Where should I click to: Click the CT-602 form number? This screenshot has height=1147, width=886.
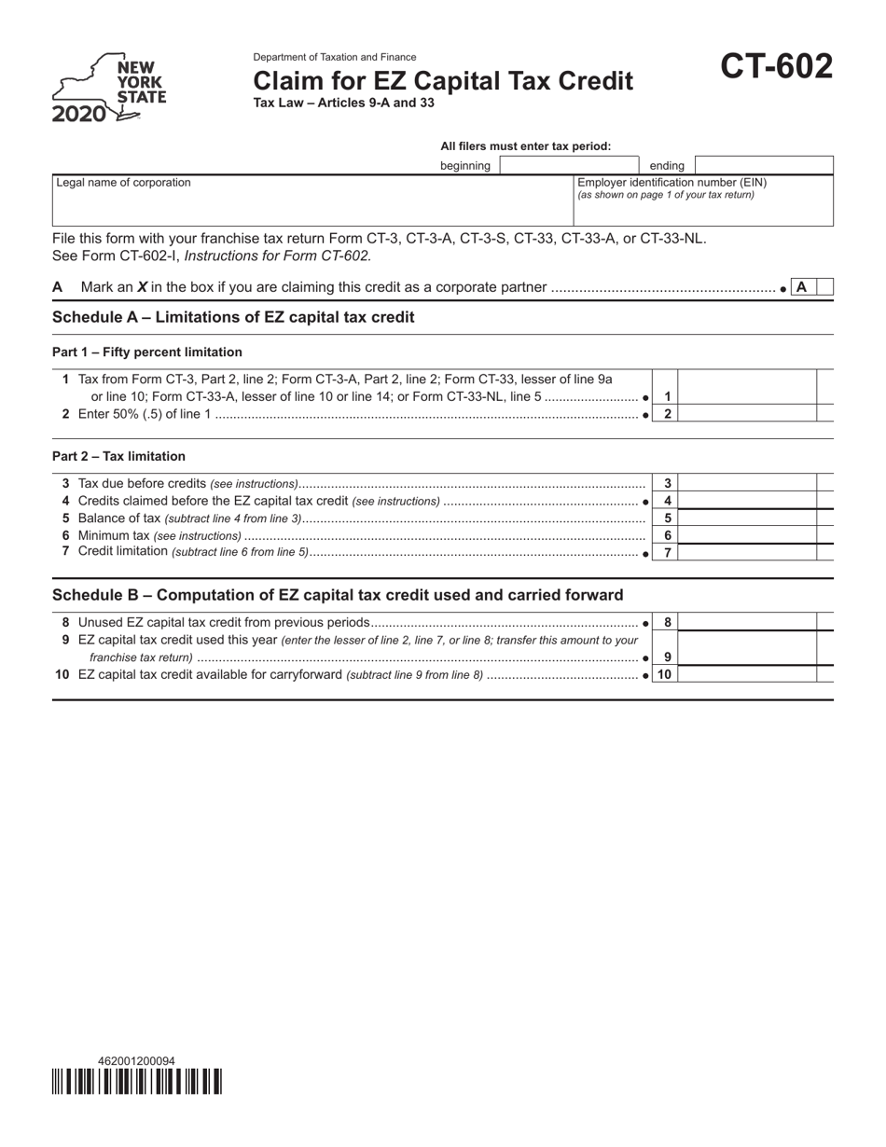tap(776, 67)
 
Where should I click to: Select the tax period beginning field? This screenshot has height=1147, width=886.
tap(569, 166)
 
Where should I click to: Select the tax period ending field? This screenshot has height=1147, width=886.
tap(764, 166)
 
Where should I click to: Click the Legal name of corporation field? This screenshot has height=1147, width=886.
tap(312, 200)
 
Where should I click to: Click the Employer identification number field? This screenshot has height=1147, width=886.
tap(703, 207)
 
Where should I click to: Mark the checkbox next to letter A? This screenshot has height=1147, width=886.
tap(824, 287)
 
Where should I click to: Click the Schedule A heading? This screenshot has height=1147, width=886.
tap(233, 317)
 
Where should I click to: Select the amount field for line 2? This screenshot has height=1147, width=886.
tap(747, 413)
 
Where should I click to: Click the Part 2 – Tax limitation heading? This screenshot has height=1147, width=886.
tap(118, 456)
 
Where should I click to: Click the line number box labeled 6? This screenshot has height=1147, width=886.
tap(668, 535)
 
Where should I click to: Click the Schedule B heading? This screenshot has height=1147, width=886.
tap(338, 595)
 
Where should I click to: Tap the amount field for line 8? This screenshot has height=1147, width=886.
tap(747, 622)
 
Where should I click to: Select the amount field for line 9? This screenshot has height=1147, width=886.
tap(747, 648)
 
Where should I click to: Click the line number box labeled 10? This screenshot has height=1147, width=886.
tap(665, 674)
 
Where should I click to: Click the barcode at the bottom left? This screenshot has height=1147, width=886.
tap(136, 1082)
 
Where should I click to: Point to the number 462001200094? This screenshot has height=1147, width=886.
tap(136, 1061)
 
